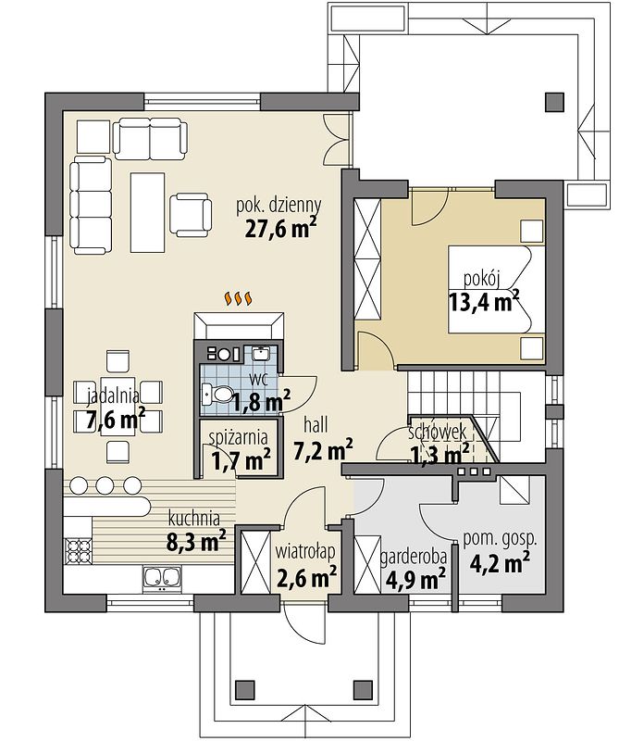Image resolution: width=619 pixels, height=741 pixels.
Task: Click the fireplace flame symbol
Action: [x=239, y=298]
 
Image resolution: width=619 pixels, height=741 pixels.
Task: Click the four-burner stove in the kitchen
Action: [x=78, y=551]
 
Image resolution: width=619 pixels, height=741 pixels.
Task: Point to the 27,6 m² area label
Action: [x=280, y=228]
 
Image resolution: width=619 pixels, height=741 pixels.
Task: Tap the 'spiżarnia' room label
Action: [x=239, y=438]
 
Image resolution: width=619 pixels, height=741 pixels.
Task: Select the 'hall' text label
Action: [x=316, y=424]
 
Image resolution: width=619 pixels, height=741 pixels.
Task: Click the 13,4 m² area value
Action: [x=484, y=302]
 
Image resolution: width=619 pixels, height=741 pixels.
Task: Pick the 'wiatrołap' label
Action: [x=305, y=550]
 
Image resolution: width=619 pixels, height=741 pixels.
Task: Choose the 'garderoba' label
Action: [x=414, y=557]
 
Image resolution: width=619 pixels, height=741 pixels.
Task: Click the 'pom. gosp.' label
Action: [x=500, y=538]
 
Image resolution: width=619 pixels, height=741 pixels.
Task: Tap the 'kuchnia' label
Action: [x=194, y=519]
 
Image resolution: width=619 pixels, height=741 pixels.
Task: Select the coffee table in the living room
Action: [x=148, y=213]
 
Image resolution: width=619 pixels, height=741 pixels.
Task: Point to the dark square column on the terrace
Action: [x=554, y=102]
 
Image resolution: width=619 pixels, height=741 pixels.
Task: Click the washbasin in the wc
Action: [x=260, y=353]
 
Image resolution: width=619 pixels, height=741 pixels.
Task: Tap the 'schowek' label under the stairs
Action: [x=438, y=432]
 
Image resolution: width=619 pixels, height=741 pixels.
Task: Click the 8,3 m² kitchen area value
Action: [x=196, y=540]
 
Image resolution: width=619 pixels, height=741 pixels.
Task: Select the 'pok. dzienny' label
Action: [x=279, y=206]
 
